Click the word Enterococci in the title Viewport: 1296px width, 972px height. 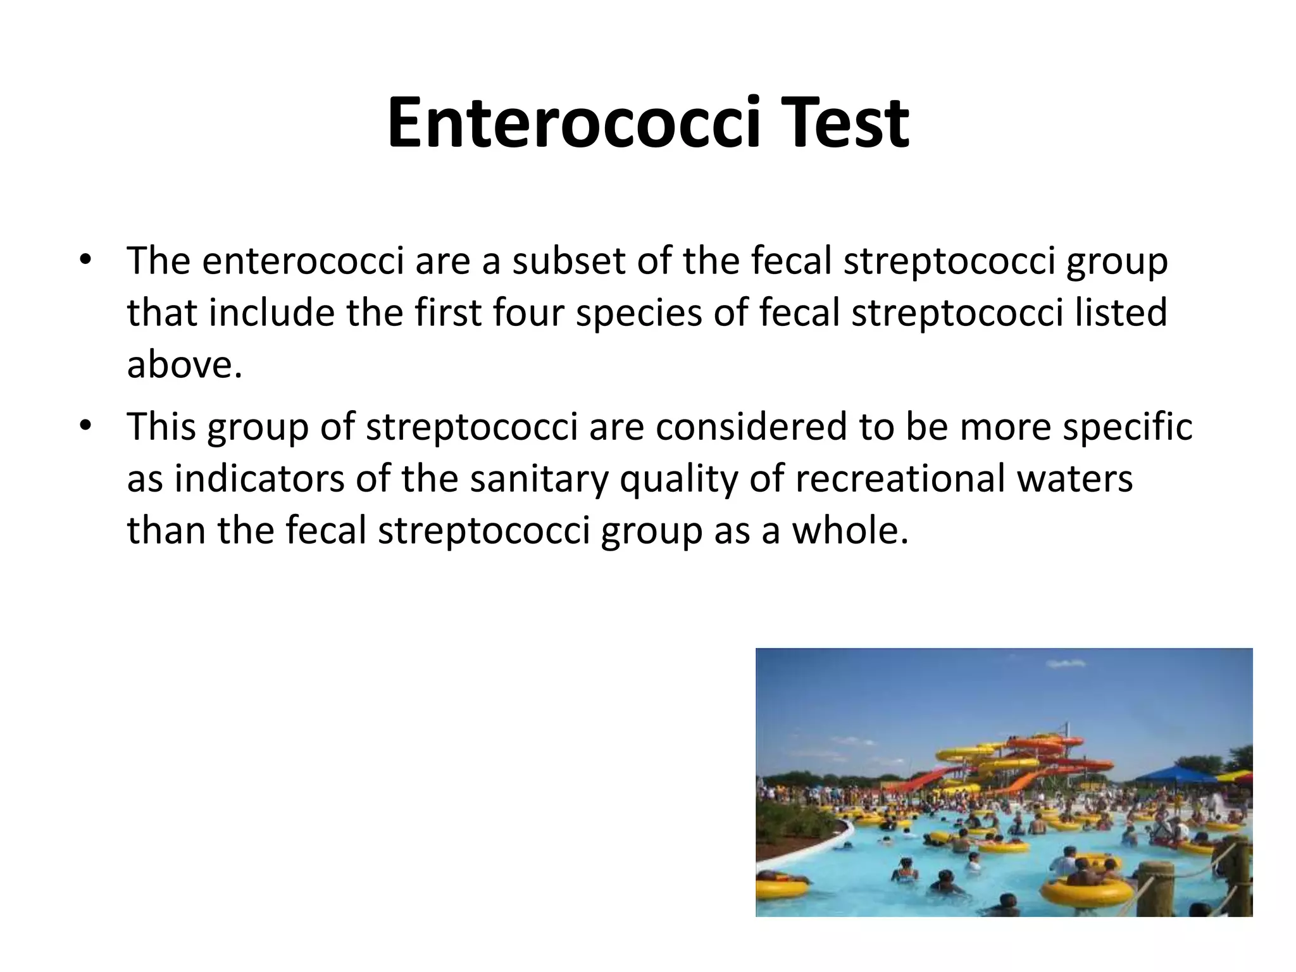coord(573,123)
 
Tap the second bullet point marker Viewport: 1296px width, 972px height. coord(86,426)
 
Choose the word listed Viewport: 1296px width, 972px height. coord(1121,313)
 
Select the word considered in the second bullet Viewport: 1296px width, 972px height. coord(751,426)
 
